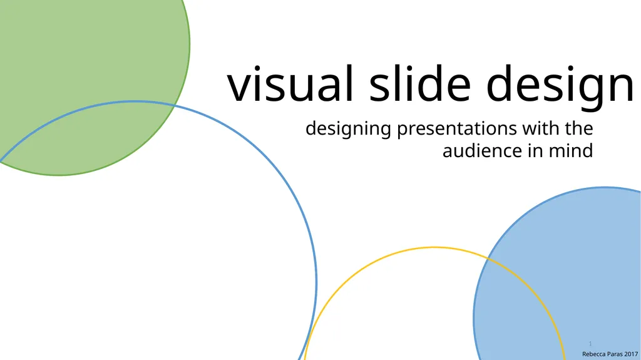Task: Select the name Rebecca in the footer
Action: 595,354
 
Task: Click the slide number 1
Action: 590,344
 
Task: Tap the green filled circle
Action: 94,50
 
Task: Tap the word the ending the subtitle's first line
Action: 580,129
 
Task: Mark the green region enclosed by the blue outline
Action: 88,138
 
